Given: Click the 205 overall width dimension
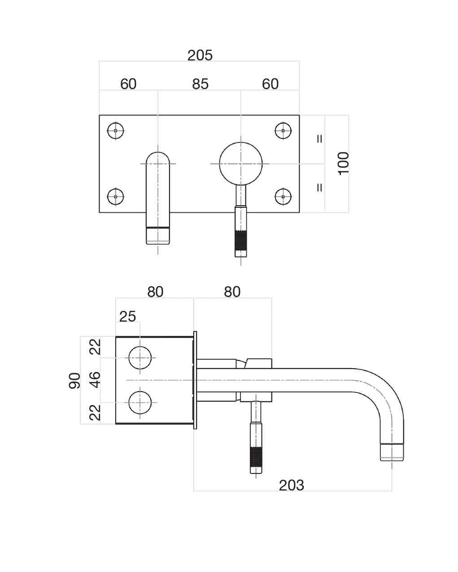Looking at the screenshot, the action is tap(200, 55).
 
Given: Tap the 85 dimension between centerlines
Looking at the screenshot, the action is tap(200, 84).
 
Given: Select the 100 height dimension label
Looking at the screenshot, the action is tap(343, 163).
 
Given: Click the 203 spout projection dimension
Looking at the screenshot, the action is tap(291, 485).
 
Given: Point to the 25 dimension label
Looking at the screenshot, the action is tap(127, 317).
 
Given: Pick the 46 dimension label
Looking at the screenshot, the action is tap(95, 379).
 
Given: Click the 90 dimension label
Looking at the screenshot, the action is tap(74, 381).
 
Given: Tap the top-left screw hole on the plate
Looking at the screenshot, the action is tap(116, 130).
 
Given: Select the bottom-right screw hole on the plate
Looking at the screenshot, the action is tap(283, 197).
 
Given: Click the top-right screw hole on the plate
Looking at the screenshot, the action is tap(283, 130).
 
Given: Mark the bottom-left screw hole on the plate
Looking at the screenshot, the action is tap(116, 197).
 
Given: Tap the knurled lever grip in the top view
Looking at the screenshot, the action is tap(241, 241).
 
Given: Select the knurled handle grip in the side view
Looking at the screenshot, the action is tap(256, 457).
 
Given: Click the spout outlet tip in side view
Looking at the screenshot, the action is tap(392, 452).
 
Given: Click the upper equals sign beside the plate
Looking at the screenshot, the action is tap(320, 139).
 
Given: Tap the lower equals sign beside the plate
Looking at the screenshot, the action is tap(320, 188).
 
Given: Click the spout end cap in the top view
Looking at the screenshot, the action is tap(158, 236).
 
